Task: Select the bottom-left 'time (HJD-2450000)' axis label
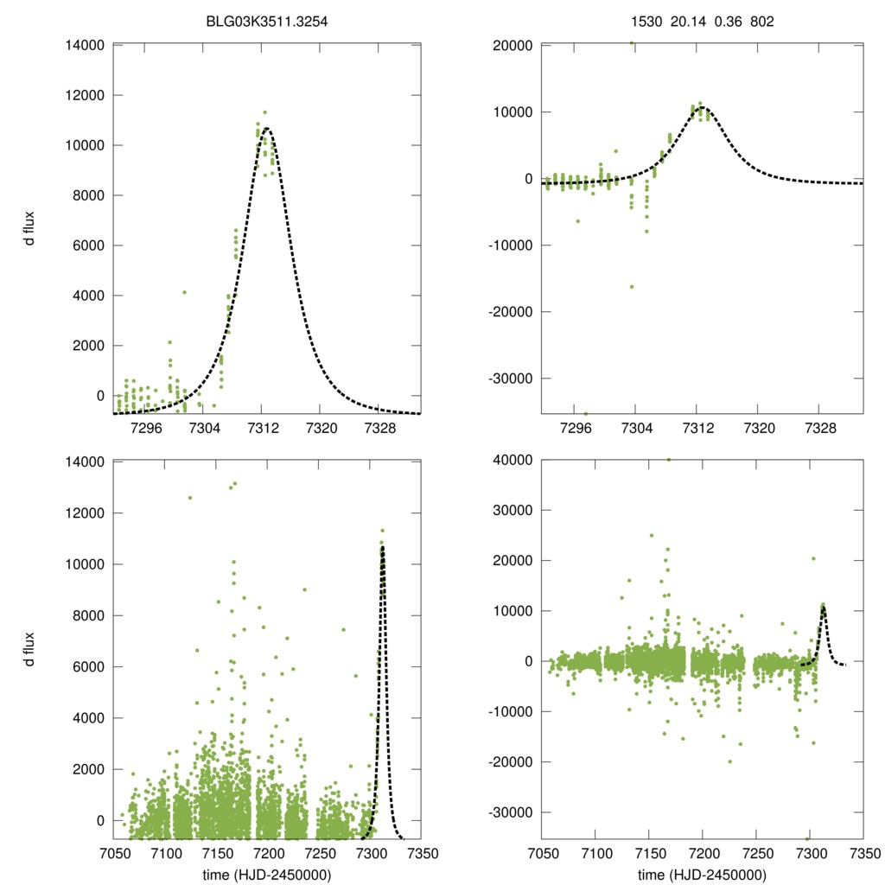[x=266, y=874]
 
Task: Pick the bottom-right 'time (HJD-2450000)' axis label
[x=701, y=874]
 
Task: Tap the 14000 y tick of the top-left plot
[x=85, y=45]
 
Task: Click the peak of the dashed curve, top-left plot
[x=266, y=129]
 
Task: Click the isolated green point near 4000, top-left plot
[x=184, y=292]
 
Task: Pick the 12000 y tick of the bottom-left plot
[x=85, y=513]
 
